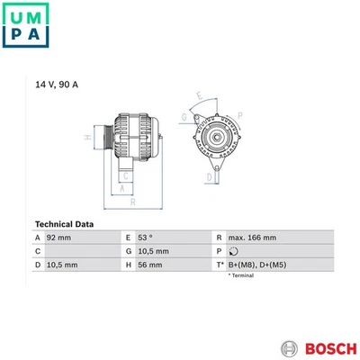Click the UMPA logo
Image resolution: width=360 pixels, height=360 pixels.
(25, 25)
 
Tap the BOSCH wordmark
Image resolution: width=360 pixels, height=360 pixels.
(331, 349)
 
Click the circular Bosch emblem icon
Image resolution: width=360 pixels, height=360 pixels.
(290, 349)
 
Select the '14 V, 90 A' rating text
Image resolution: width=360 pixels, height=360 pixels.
(57, 85)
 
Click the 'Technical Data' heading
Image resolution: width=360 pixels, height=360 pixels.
(64, 224)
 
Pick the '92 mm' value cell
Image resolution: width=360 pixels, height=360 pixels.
(58, 238)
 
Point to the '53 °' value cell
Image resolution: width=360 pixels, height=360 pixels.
(145, 238)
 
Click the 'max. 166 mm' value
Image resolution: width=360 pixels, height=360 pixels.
(252, 238)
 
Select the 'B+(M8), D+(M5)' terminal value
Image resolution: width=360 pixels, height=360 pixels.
(257, 265)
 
